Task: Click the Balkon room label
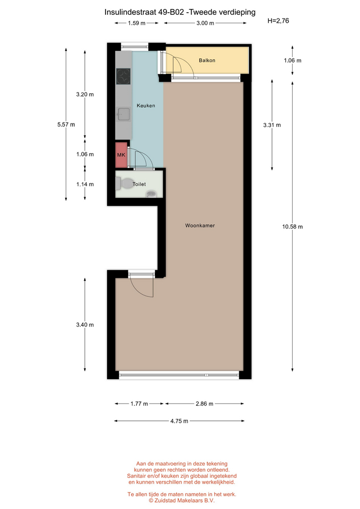pos(207,60)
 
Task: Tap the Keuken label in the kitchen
pos(146,106)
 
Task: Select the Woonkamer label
pos(200,225)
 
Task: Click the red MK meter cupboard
pos(121,155)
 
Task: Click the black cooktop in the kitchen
pos(124,76)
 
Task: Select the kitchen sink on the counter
pos(124,115)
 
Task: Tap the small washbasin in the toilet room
pos(151,194)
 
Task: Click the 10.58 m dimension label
pos(292,226)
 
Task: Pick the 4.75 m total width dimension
pos(179,420)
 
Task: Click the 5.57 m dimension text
pos(66,124)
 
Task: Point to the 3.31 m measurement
pos(272,125)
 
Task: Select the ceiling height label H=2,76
pos(278,21)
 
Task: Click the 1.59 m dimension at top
pos(137,23)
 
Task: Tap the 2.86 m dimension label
pos(205,403)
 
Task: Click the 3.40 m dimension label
pos(85,324)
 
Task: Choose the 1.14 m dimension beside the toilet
pos(85,184)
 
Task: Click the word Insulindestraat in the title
pos(130,12)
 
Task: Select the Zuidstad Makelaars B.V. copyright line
pos(182,501)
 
